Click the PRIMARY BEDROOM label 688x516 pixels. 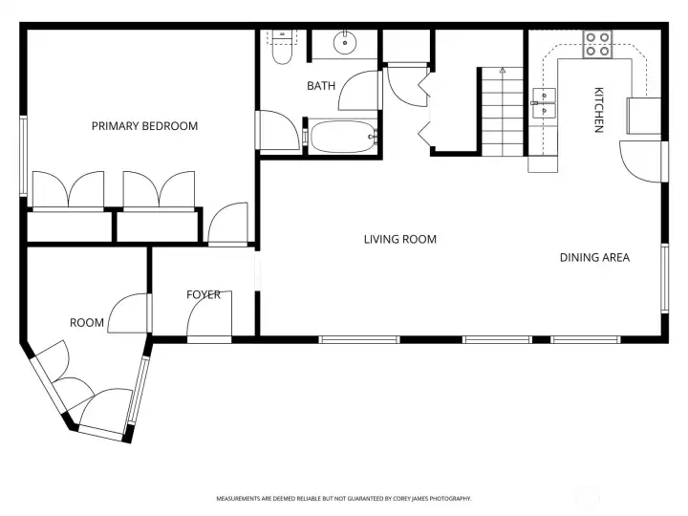point(144,126)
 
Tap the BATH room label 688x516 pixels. point(321,86)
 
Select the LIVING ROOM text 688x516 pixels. point(399,239)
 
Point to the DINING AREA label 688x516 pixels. point(594,257)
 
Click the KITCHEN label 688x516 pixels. point(599,110)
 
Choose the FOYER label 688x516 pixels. point(203,294)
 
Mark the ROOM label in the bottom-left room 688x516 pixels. point(86,323)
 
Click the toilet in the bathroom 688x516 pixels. point(281,50)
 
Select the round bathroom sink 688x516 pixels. point(344,43)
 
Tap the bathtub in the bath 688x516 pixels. point(342,137)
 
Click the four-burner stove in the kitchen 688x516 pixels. point(598,44)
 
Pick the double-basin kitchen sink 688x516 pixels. point(545,102)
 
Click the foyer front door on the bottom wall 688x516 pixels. point(209,338)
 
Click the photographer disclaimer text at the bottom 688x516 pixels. point(344,498)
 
